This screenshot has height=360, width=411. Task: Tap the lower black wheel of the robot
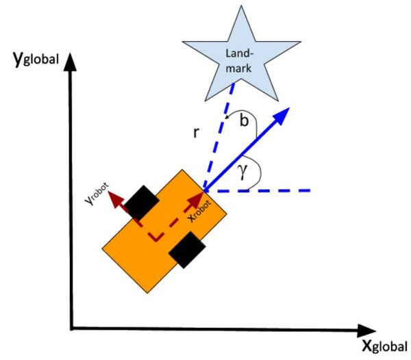tap(186, 250)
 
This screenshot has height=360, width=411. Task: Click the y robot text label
tap(101, 199)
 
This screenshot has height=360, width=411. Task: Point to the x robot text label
tap(201, 209)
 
